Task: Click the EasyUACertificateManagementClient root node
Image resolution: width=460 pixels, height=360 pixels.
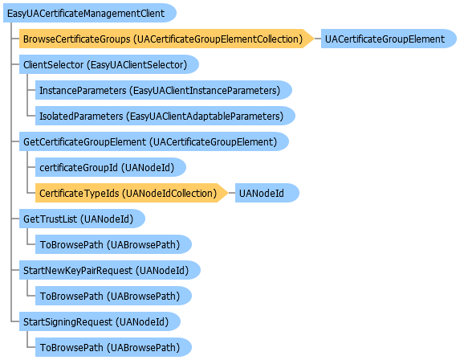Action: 89,13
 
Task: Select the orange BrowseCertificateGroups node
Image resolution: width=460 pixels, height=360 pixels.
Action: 166,39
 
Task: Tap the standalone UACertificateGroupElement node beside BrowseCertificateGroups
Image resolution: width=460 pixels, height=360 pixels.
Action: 389,39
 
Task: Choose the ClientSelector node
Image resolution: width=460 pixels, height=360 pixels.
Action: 109,64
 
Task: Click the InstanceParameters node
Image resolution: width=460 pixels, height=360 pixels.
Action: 164,90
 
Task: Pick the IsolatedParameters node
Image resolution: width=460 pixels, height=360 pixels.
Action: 165,116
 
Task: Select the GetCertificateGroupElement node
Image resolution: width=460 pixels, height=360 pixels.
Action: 154,141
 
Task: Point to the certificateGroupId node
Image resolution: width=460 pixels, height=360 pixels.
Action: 111,167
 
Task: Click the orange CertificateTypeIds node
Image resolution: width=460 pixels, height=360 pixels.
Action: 132,193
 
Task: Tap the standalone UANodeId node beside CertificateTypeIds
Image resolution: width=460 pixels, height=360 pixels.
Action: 267,193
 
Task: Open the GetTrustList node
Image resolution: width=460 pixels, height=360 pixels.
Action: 82,219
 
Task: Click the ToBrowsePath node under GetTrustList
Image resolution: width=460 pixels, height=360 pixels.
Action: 113,244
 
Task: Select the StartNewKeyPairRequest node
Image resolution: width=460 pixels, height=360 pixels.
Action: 110,270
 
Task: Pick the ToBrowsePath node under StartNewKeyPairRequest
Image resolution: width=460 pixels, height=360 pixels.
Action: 113,296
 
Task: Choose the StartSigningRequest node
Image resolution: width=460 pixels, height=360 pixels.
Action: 100,321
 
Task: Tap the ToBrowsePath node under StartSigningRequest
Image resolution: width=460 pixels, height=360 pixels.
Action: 113,347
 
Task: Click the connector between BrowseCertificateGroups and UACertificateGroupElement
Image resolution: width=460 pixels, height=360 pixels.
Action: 317,39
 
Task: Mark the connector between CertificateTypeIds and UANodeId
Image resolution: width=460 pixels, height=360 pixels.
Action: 231,193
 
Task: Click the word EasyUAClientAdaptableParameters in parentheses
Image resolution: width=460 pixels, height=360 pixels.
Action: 205,117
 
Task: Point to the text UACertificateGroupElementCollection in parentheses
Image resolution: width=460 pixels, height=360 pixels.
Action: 218,39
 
